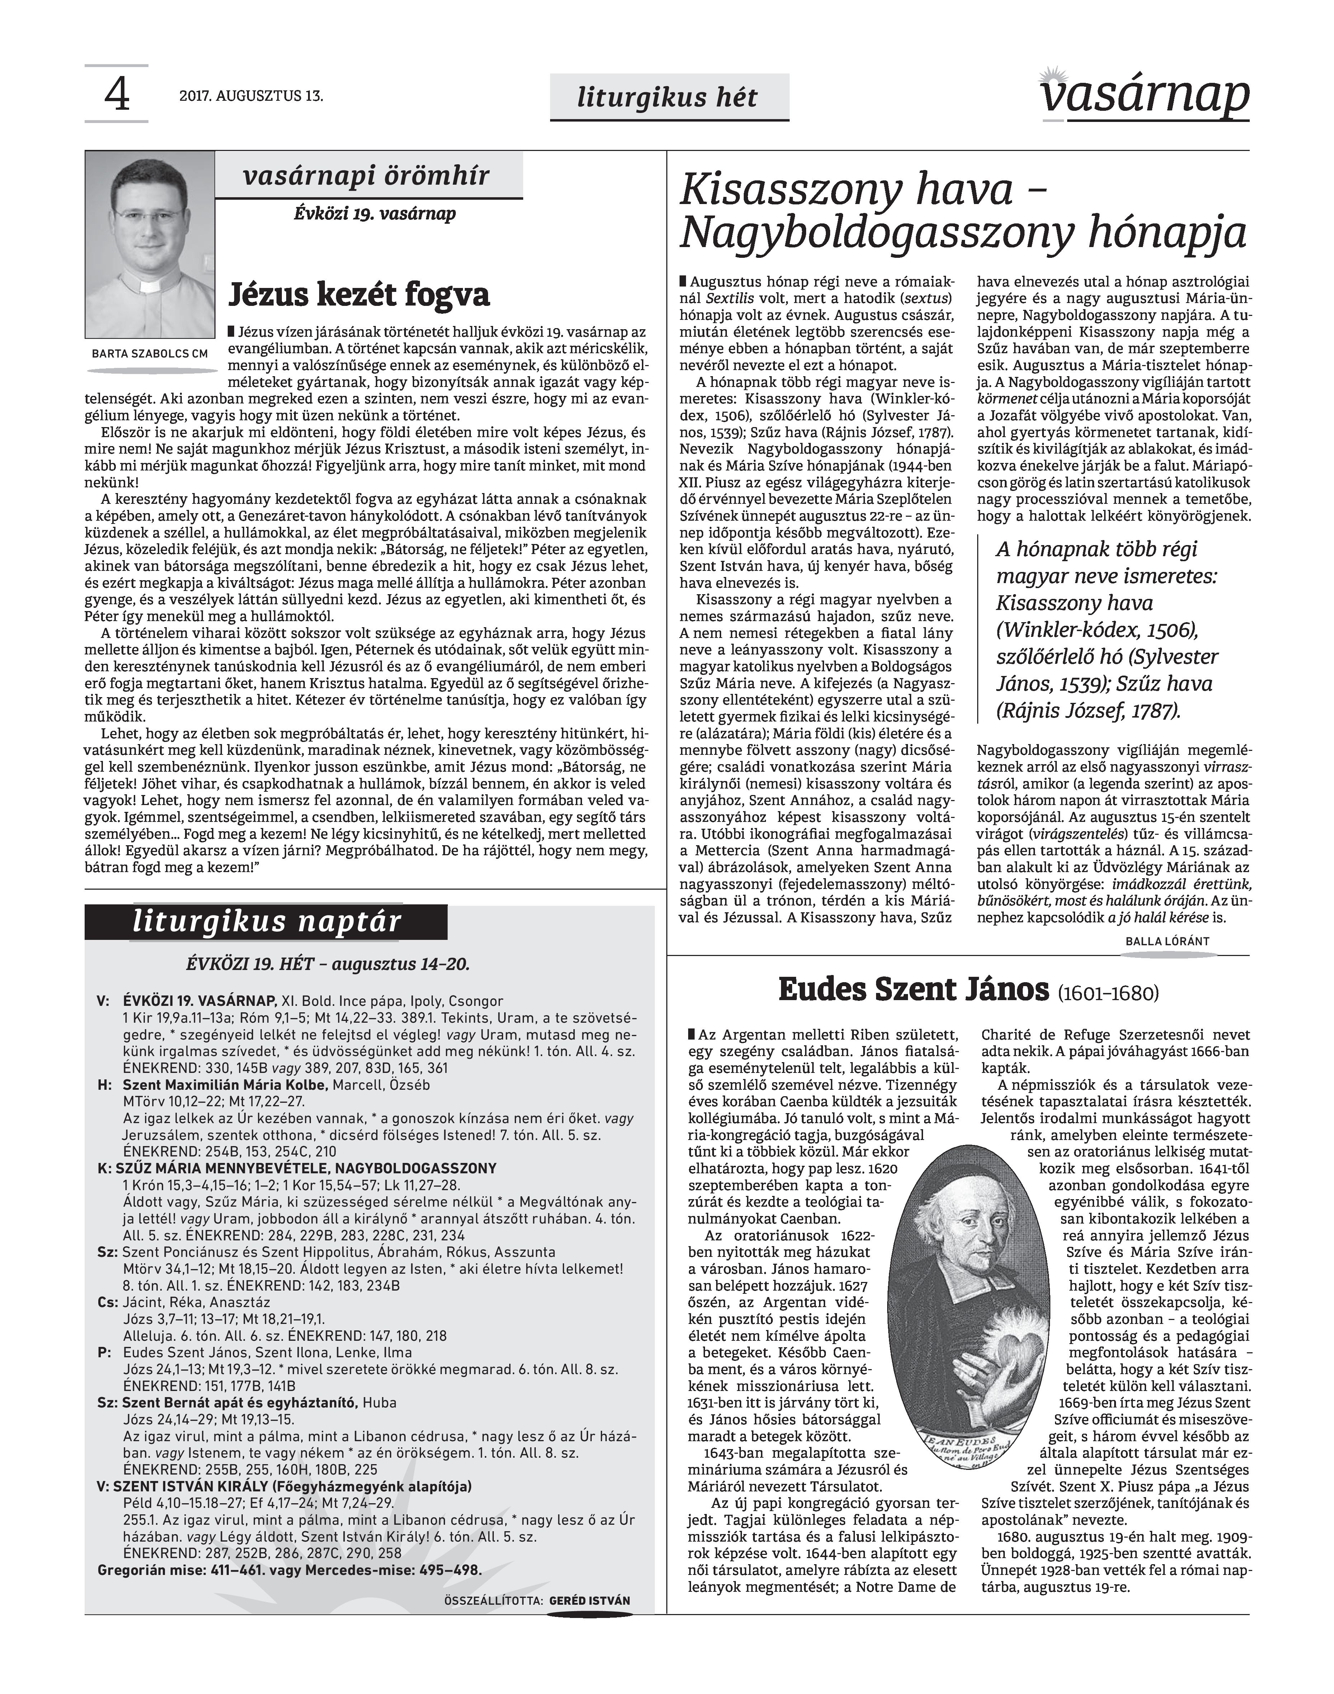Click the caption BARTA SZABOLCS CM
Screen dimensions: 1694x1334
point(150,353)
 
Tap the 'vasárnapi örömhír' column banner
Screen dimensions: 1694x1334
point(367,176)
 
